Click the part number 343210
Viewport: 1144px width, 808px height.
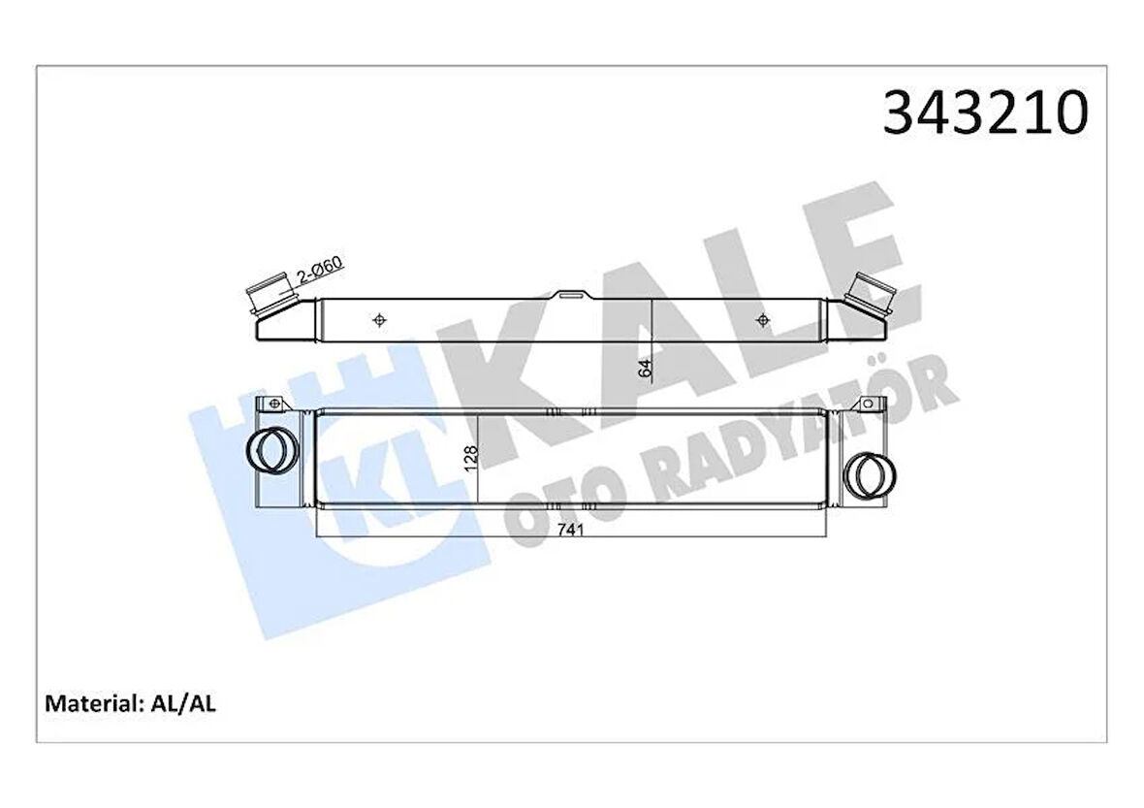(985, 113)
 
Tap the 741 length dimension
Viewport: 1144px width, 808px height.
(572, 531)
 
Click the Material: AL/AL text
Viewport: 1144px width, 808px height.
(130, 703)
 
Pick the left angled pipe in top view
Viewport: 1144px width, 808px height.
(272, 297)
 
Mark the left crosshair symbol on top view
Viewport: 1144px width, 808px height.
(379, 319)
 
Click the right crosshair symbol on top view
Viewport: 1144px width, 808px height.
(763, 319)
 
